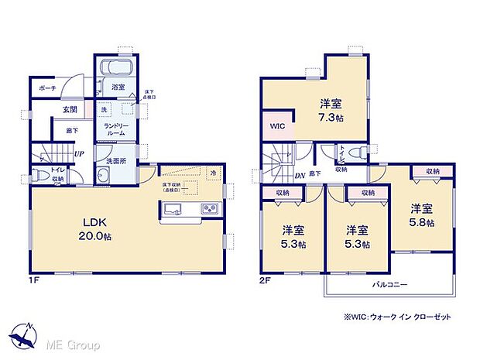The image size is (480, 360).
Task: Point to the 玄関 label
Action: coord(70,111)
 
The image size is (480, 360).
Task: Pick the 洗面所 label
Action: coord(112,162)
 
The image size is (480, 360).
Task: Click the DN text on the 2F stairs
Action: coord(300,175)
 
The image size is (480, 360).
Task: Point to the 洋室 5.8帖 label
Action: coord(421,215)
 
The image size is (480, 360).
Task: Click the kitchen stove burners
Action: coord(210,208)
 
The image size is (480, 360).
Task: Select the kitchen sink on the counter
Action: coord(173,208)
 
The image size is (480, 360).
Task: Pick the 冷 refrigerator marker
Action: coord(213,173)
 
